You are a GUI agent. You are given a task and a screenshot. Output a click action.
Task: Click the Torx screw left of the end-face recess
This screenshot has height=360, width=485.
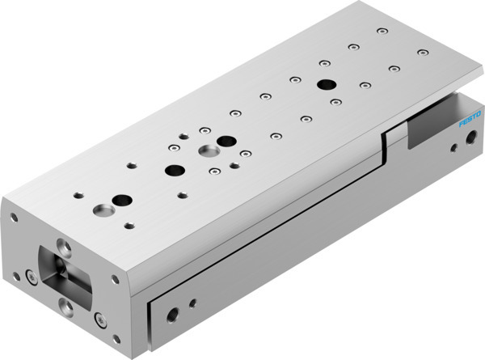tap(31, 277)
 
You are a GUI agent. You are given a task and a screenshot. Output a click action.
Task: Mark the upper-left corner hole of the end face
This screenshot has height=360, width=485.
tap(13, 217)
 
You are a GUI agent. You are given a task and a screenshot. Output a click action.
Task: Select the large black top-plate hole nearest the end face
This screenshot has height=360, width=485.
tap(122, 200)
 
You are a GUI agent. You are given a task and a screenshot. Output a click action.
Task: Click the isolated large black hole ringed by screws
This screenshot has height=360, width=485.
tap(327, 84)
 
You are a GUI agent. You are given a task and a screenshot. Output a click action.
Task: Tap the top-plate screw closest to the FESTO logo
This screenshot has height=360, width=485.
tap(422, 53)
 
